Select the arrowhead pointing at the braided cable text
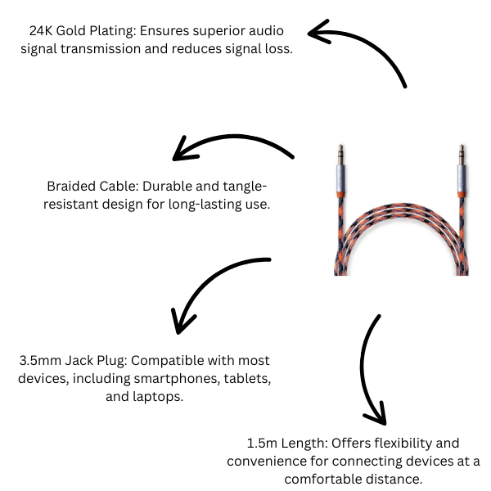coord(181,152)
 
